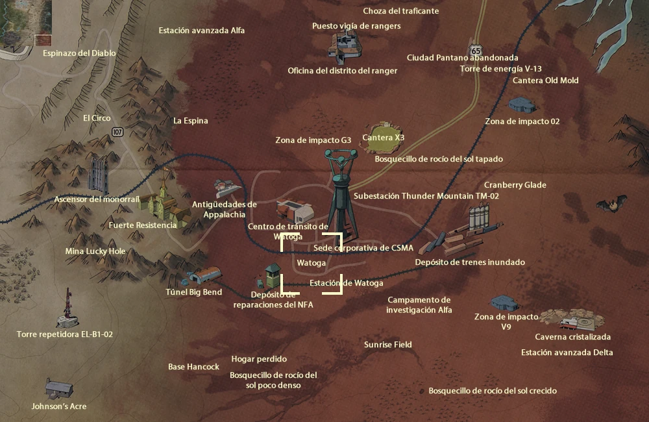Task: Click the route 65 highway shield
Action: pyautogui.click(x=477, y=50)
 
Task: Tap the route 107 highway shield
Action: pyautogui.click(x=117, y=132)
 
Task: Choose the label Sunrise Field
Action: pyautogui.click(x=387, y=345)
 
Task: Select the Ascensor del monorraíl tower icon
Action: pyautogui.click(x=98, y=173)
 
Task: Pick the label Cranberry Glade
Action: pyautogui.click(x=515, y=185)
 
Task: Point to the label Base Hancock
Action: pyautogui.click(x=193, y=367)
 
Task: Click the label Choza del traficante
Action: pyautogui.click(x=400, y=11)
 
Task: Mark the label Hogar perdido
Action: pyautogui.click(x=259, y=359)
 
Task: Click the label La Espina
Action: pyautogui.click(x=190, y=121)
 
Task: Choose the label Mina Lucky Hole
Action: pyautogui.click(x=95, y=251)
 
